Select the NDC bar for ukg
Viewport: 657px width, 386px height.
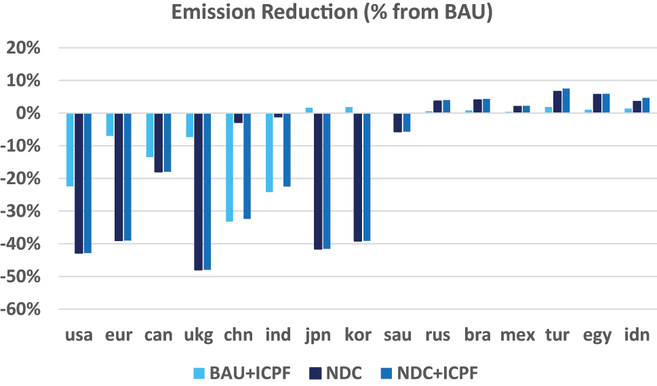[x=198, y=192]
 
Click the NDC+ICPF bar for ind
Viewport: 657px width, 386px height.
[x=286, y=150]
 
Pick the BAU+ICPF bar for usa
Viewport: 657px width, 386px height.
[x=70, y=150]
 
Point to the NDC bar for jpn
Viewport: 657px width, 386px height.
[x=318, y=181]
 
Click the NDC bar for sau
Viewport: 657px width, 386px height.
[x=398, y=123]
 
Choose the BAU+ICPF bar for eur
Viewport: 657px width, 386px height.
[x=110, y=125]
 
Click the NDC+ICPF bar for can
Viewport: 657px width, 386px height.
[x=167, y=142]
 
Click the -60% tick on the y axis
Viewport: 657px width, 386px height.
[x=24, y=309]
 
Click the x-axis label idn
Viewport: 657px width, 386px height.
[x=637, y=335]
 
